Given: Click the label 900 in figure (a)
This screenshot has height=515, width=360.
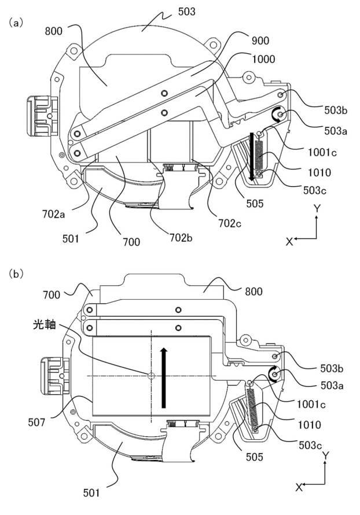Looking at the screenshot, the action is (260, 41).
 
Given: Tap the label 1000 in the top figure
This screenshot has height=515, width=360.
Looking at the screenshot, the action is (263, 59).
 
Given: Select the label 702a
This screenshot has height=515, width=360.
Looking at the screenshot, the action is (54, 214).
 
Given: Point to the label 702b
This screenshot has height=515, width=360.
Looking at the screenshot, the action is (181, 237).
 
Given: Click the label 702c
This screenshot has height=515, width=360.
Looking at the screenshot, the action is (230, 223).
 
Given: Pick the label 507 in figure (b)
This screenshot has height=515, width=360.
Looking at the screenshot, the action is (36, 422).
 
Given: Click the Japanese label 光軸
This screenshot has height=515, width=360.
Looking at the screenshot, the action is (45, 325).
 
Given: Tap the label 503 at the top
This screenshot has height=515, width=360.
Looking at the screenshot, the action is (186, 12).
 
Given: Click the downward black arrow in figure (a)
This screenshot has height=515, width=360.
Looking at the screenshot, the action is (251, 156).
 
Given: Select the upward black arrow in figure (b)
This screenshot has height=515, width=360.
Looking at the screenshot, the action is (164, 378).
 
